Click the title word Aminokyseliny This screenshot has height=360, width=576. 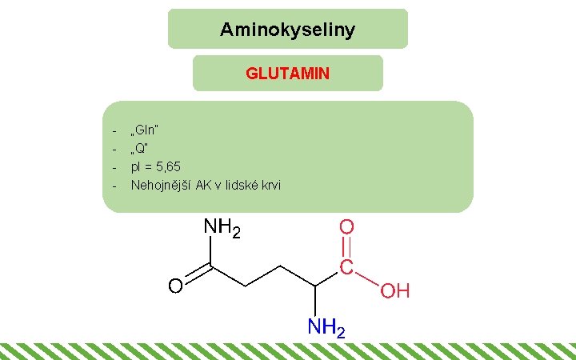pyautogui.click(x=287, y=31)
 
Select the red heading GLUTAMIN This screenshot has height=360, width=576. pyautogui.click(x=287, y=74)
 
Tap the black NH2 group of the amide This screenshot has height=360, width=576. pyautogui.click(x=222, y=229)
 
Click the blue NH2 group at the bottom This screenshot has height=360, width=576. pyautogui.click(x=327, y=328)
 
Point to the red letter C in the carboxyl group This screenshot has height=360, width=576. pyautogui.click(x=346, y=267)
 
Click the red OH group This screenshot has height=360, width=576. pyautogui.click(x=395, y=290)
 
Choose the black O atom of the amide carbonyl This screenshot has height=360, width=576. pyautogui.click(x=174, y=286)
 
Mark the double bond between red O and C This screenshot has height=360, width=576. pyautogui.click(x=346, y=247)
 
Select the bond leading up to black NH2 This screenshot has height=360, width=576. pyautogui.click(x=210, y=253)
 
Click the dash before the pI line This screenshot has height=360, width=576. pyautogui.click(x=114, y=167)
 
